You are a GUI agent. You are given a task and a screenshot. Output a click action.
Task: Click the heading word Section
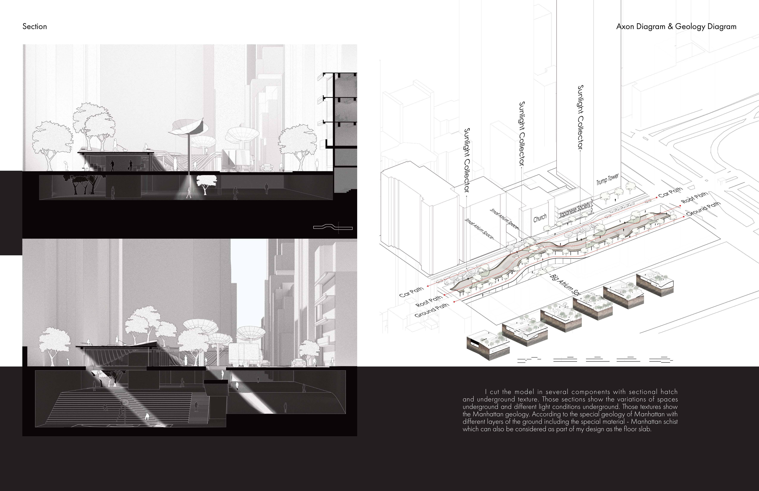coord(34,26)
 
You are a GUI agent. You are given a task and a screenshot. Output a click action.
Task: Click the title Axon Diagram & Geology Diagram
coord(676,26)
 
